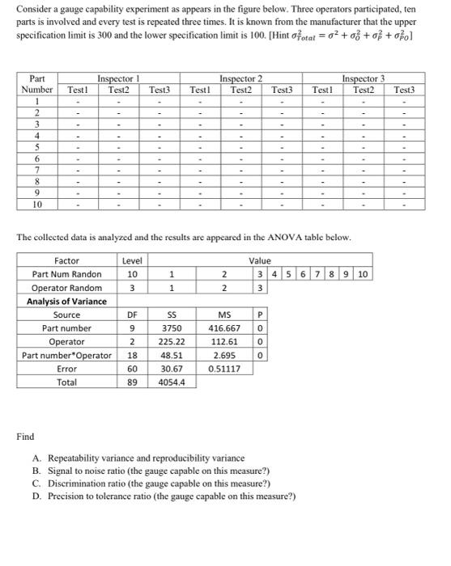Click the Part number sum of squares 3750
[172, 328]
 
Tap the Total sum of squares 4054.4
[172, 382]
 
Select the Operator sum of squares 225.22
[172, 341]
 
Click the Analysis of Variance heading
[66, 302]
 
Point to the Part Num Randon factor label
[66, 274]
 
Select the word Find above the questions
[25, 437]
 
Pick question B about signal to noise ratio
[162, 470]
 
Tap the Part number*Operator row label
[66, 355]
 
